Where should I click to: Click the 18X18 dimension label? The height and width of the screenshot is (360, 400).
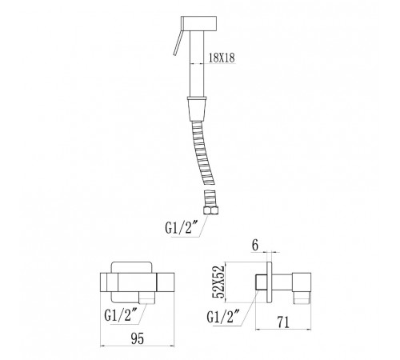[x=222, y=58]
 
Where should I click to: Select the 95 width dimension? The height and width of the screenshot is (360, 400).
[x=138, y=338]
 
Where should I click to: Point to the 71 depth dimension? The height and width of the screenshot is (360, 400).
[x=283, y=322]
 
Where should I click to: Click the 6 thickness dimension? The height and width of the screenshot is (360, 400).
[x=255, y=246]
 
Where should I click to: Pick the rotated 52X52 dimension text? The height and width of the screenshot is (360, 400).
[x=218, y=282]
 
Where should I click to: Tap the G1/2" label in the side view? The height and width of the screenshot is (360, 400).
[x=223, y=317]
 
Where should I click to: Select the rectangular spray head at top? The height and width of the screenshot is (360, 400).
[x=198, y=23]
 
